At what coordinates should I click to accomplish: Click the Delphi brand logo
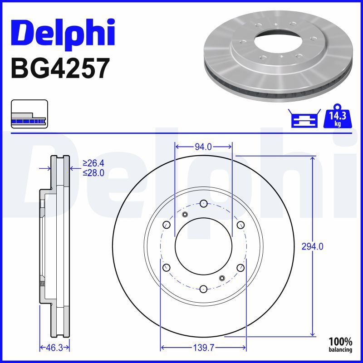63,33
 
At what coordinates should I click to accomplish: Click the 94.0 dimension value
203,147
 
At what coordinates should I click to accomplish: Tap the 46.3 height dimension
54,348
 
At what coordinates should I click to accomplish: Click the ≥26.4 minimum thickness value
93,163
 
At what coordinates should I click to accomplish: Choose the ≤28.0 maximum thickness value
93,172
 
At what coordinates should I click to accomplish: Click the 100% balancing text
341,344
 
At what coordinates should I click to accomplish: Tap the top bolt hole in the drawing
203,203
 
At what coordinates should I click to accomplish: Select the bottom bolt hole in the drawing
203,289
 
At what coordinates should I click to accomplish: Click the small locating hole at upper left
185,215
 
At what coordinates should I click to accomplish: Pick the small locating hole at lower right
222,278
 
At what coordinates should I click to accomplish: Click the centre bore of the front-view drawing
203,246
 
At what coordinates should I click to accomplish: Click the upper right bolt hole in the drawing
240,225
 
